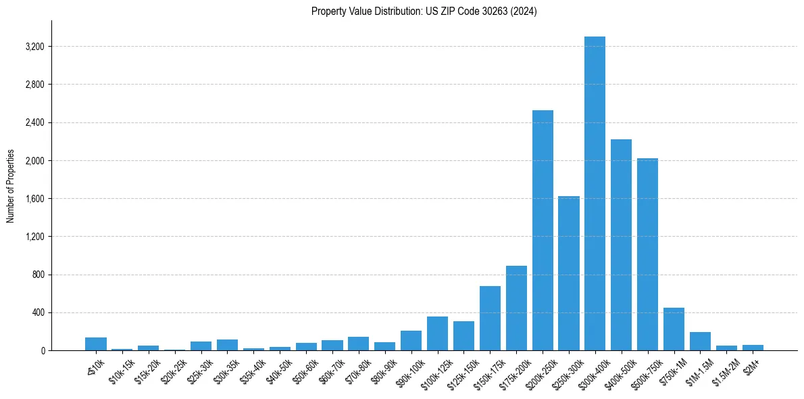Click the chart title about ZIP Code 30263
(424, 11)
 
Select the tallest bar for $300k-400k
(595, 193)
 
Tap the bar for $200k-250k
(543, 231)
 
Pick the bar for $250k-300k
(569, 273)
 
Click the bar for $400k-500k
(621, 245)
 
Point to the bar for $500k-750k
(647, 254)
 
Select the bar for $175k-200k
(516, 308)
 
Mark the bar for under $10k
(96, 344)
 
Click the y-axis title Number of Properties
(11, 186)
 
